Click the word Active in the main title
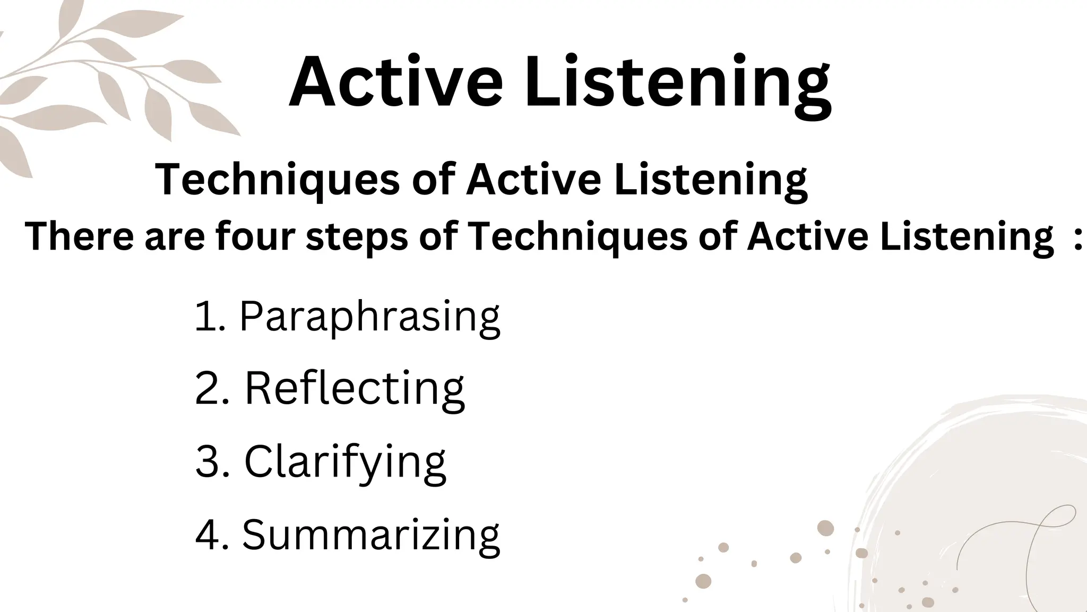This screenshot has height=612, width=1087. (x=395, y=82)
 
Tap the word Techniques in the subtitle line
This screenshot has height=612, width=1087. (x=277, y=180)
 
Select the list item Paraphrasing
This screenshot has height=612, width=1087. (x=369, y=317)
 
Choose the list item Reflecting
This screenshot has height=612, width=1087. (x=354, y=389)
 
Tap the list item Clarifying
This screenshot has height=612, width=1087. (x=345, y=462)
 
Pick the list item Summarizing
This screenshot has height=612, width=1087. (x=370, y=535)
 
